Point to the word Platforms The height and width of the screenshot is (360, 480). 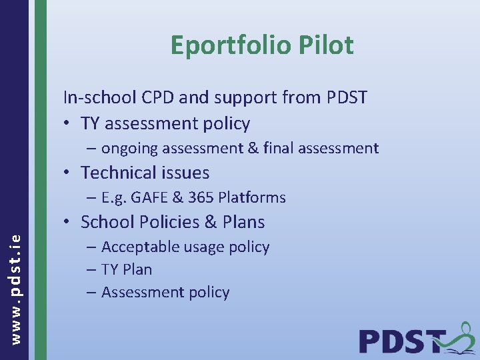(x=251, y=197)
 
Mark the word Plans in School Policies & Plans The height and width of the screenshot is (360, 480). (x=241, y=222)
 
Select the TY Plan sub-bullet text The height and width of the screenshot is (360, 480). (x=127, y=269)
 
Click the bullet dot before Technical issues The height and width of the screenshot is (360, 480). (x=69, y=173)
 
